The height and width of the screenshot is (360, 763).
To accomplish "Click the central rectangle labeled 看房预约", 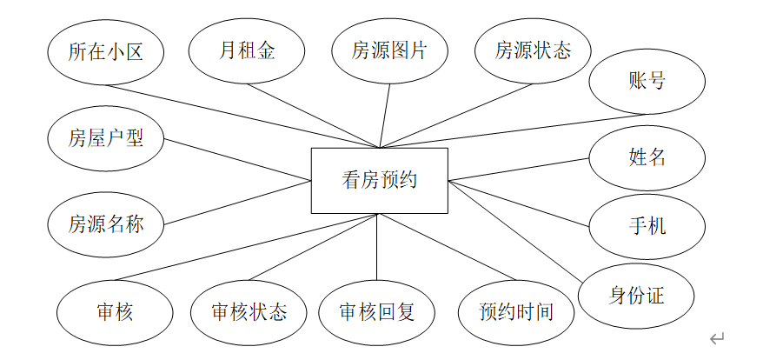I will [x=380, y=181].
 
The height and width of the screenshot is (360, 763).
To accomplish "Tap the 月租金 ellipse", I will [x=247, y=50].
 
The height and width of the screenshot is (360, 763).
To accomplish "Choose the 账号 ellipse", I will [x=647, y=82].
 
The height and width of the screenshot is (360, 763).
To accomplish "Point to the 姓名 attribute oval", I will [x=647, y=157].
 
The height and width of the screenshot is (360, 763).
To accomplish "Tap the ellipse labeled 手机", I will [x=647, y=226].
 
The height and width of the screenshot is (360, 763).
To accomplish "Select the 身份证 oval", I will [x=636, y=296].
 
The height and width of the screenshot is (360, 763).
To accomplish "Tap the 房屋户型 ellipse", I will [x=105, y=138].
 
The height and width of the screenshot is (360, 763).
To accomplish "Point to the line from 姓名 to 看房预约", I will [x=519, y=169].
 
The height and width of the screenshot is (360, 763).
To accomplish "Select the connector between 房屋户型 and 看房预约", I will [x=239, y=160].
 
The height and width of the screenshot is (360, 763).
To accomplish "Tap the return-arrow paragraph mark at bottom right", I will [x=718, y=338].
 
